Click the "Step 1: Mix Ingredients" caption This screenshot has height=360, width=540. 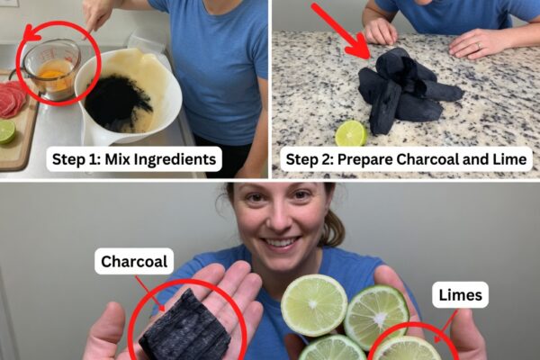134,159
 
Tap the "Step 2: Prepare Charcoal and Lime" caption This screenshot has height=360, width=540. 406,159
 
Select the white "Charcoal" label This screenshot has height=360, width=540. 134,262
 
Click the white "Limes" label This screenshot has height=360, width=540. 460,295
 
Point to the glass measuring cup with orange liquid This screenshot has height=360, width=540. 51,69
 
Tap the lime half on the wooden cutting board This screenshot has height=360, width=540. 7,131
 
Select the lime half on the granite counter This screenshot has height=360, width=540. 351,133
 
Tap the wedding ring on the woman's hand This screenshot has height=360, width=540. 478,46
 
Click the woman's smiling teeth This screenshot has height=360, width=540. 280,243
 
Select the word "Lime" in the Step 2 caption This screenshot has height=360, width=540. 511,159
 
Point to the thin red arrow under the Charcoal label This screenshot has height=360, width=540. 149,292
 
